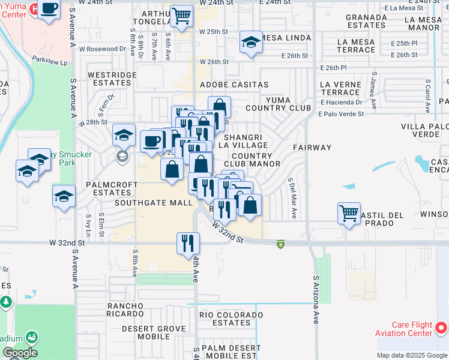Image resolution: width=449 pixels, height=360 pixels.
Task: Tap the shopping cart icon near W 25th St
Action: [x=181, y=15]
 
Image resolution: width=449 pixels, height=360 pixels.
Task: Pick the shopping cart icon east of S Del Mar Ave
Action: [x=349, y=213]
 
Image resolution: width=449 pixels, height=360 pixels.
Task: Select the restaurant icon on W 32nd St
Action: [x=188, y=242]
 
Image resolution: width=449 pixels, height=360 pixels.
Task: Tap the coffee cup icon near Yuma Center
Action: [x=49, y=9]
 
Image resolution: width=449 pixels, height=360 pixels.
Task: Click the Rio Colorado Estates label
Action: [x=224, y=319]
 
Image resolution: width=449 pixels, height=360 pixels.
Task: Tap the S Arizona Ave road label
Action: [x=315, y=299]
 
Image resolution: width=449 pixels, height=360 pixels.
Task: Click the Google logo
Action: [x=20, y=353]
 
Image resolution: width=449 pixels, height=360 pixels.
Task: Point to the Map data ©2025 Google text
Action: [x=412, y=355]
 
